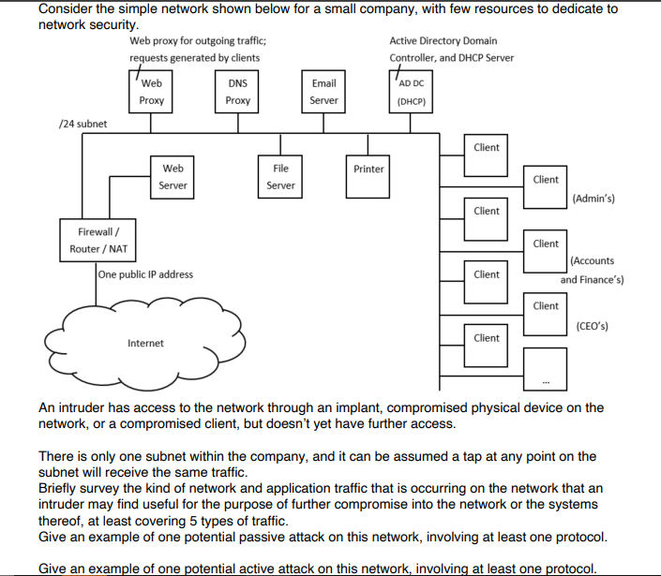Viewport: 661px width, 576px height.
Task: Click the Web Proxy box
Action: point(152,92)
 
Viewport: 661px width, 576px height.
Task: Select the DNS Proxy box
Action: point(238,92)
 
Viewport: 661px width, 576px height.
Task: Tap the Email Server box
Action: point(323,92)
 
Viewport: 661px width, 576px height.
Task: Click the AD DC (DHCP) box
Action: point(410,92)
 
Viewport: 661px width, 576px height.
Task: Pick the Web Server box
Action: point(173,177)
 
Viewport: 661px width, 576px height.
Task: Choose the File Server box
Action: point(280,177)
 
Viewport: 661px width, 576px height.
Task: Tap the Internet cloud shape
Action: point(146,342)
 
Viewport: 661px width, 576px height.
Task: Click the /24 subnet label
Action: point(83,124)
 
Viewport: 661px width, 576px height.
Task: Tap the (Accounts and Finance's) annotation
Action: point(592,271)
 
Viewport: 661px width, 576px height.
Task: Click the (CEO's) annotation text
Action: point(592,327)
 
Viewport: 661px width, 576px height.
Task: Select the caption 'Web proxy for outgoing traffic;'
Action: point(197,41)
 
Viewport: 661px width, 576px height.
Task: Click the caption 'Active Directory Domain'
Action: point(443,41)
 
